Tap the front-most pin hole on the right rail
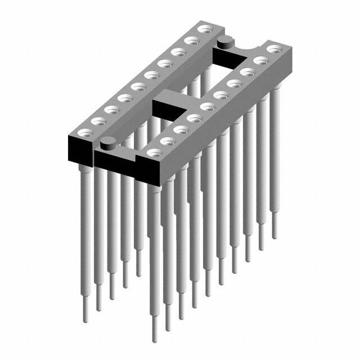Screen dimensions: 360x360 (x=153, y=151)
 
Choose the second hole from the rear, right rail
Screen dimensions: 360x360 (x=260, y=60)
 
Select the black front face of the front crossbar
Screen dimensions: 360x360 (x=118, y=163)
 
